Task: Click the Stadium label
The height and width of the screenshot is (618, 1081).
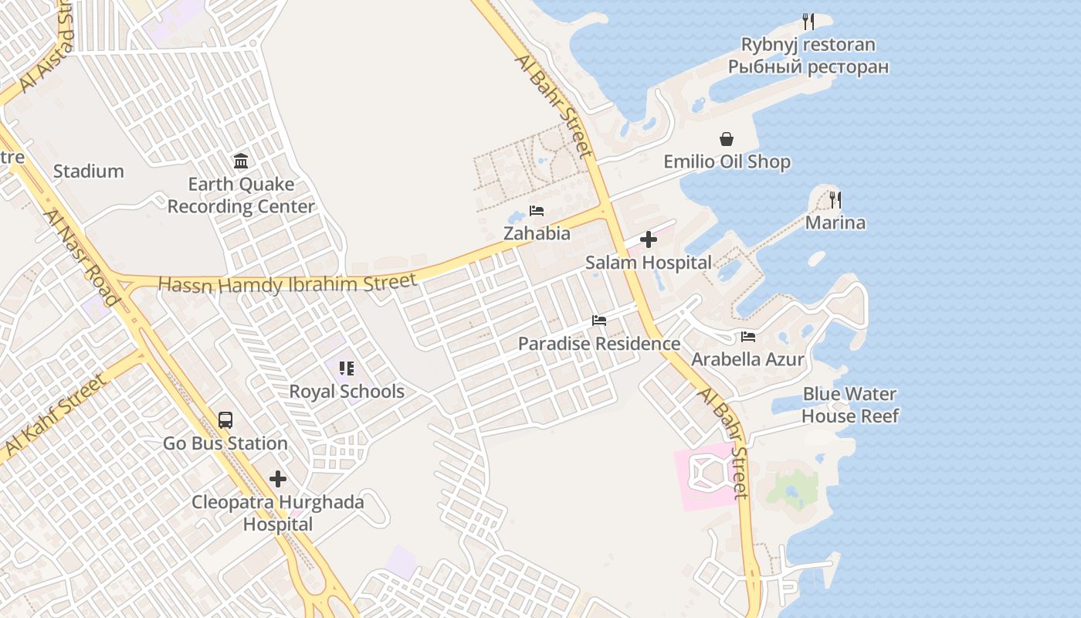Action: pyautogui.click(x=88, y=171)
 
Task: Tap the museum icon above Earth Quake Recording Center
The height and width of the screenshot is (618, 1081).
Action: pyautogui.click(x=241, y=161)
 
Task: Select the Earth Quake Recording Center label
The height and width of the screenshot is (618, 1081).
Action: pyautogui.click(x=241, y=195)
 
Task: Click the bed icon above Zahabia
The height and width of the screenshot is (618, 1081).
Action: pyautogui.click(x=537, y=211)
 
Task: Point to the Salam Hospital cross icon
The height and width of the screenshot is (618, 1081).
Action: pyautogui.click(x=649, y=239)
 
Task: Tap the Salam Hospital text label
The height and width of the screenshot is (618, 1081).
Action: pyautogui.click(x=649, y=263)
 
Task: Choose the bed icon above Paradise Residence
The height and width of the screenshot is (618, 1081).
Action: pyautogui.click(x=599, y=321)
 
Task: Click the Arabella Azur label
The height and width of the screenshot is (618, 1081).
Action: pyautogui.click(x=747, y=359)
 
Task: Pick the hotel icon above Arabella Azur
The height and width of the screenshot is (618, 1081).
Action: pyautogui.click(x=747, y=337)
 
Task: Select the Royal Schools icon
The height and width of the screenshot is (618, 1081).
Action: pyautogui.click(x=347, y=368)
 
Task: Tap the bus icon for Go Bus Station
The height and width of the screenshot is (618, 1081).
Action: pyautogui.click(x=225, y=420)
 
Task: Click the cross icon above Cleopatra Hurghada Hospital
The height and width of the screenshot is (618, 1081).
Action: pyautogui.click(x=278, y=479)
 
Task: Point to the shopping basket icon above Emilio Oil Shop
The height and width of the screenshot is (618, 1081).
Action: pyautogui.click(x=727, y=139)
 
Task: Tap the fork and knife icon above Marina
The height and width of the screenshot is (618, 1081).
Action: pyautogui.click(x=835, y=200)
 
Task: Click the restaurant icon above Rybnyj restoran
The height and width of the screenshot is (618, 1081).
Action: pyautogui.click(x=808, y=22)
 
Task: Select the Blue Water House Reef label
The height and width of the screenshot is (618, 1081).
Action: pyautogui.click(x=850, y=405)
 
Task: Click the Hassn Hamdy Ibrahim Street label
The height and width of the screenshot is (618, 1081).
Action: pyautogui.click(x=287, y=284)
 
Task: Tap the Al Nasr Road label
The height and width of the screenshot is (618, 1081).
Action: pyautogui.click(x=82, y=257)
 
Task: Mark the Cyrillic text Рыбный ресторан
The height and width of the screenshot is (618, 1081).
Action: pyautogui.click(x=808, y=67)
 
